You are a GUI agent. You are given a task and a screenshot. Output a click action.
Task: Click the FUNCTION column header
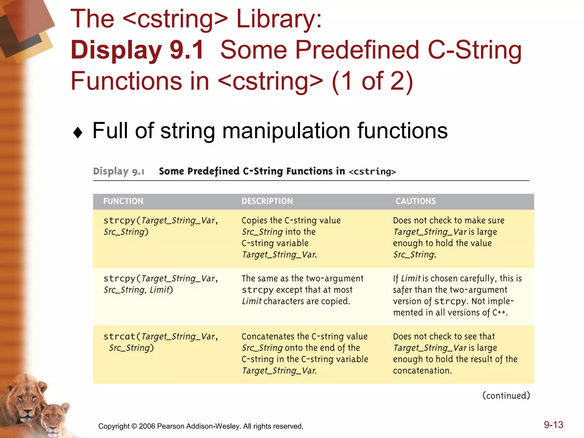tap(123, 201)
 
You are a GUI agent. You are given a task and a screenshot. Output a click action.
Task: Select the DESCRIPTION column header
tap(267, 201)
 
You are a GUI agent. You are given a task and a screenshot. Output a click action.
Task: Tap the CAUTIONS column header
tap(415, 201)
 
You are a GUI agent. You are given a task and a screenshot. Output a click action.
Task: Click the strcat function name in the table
tap(119, 337)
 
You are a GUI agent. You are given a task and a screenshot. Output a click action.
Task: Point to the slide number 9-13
tap(553, 425)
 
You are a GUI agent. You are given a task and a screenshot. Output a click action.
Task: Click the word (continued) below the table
tap(506, 396)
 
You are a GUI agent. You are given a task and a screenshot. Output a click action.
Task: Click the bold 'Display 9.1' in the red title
tap(137, 50)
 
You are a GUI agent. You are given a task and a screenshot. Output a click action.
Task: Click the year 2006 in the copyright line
tap(147, 426)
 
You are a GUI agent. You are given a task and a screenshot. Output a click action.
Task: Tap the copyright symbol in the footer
tap(134, 426)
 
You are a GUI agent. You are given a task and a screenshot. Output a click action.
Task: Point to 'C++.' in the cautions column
tap(500, 313)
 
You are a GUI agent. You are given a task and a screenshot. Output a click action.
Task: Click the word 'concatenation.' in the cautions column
tap(422, 371)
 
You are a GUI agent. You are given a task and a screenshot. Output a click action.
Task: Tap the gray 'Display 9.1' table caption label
tap(119, 171)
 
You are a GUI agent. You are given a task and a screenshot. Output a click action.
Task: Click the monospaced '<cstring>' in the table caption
tap(372, 172)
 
